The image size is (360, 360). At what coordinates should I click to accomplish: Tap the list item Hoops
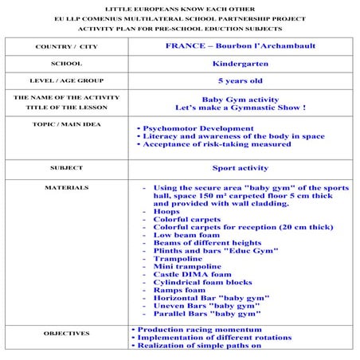pyautogui.click(x=166, y=211)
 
